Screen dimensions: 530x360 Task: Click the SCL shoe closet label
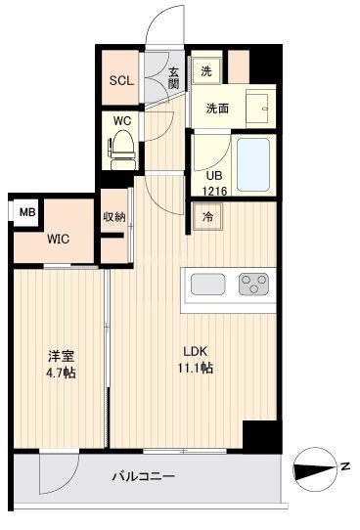tap(120, 81)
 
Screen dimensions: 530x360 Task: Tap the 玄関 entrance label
tap(173, 76)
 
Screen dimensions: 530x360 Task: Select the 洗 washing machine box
tap(205, 70)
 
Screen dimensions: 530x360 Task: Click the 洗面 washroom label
tap(217, 110)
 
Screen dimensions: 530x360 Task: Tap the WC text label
tap(122, 121)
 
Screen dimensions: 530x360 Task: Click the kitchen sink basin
tap(207, 285)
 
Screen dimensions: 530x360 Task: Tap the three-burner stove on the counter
tap(253, 285)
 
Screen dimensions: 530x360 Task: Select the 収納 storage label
tap(114, 217)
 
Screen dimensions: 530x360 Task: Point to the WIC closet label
tap(58, 238)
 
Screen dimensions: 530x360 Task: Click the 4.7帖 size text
tap(59, 373)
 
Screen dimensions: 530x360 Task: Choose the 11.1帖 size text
tap(195, 368)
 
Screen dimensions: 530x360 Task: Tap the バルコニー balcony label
tap(142, 476)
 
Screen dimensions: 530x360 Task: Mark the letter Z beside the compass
tap(344, 469)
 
